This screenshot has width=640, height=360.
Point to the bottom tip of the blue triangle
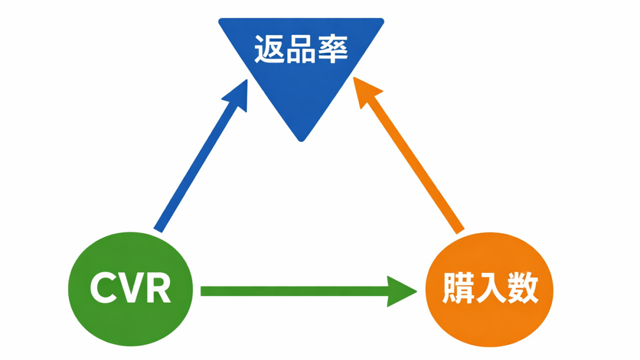tap(300, 139)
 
